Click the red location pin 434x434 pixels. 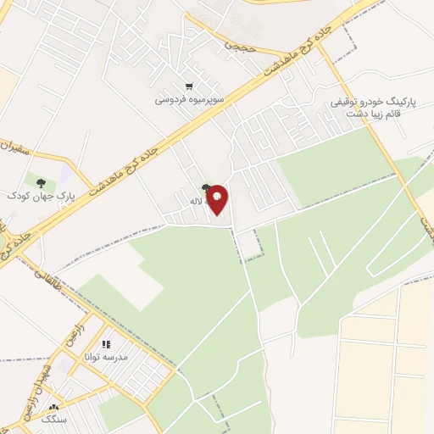tap(218, 199)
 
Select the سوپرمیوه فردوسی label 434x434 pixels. tap(188, 99)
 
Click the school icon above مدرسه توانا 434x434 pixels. tap(106, 344)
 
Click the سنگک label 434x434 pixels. tap(55, 420)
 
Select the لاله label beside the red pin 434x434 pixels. tap(194, 202)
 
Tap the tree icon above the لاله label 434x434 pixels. tap(206, 189)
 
